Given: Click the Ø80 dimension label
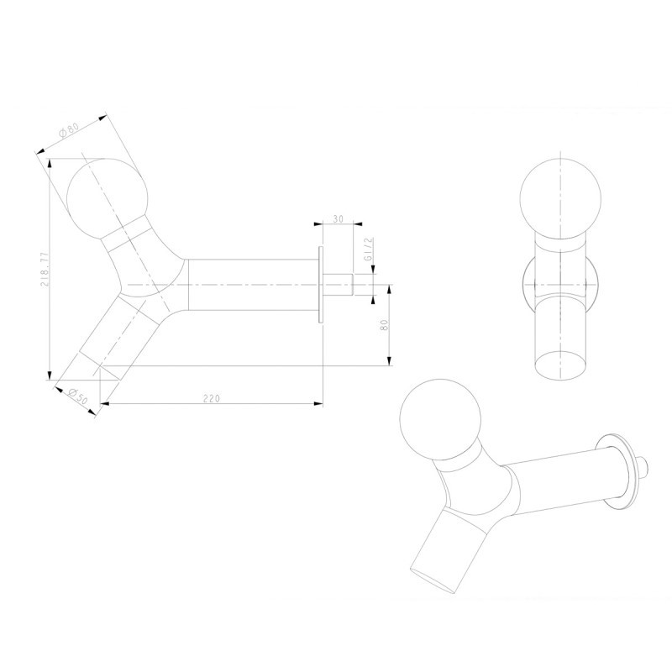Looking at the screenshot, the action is [x=69, y=129].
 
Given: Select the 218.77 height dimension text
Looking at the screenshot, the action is [x=45, y=269].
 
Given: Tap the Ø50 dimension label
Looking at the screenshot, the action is [x=77, y=396].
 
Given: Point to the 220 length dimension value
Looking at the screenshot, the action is [x=212, y=398].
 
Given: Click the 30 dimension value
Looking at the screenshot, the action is [x=339, y=219].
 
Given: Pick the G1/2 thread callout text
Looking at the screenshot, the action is [x=368, y=249].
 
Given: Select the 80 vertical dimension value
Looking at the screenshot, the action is [x=384, y=325].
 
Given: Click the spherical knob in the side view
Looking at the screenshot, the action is [x=107, y=198].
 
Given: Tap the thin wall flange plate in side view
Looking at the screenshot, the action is [x=321, y=285].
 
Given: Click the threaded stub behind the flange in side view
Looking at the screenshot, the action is [x=338, y=285].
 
